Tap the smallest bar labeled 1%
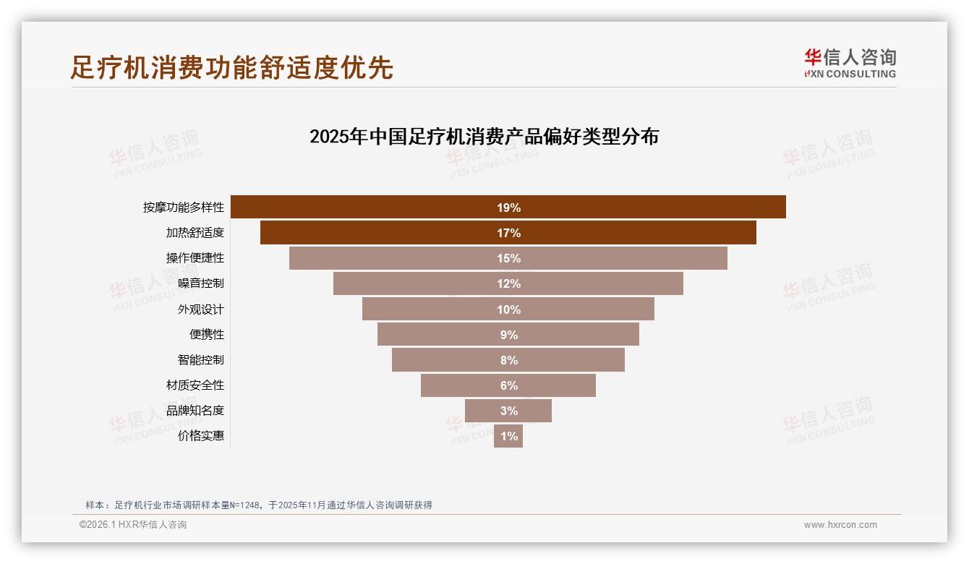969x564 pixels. point(508,436)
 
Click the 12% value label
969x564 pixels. point(508,283)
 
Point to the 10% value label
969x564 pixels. point(508,309)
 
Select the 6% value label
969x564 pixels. point(508,385)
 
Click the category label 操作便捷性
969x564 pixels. point(195,258)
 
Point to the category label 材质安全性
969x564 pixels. point(195,385)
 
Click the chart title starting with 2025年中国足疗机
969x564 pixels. point(484,137)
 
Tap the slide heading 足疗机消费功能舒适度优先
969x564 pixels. point(231,67)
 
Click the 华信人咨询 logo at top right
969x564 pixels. point(850,63)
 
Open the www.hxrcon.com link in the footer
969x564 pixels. point(840,525)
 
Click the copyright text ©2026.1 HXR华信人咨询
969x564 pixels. point(132,525)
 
